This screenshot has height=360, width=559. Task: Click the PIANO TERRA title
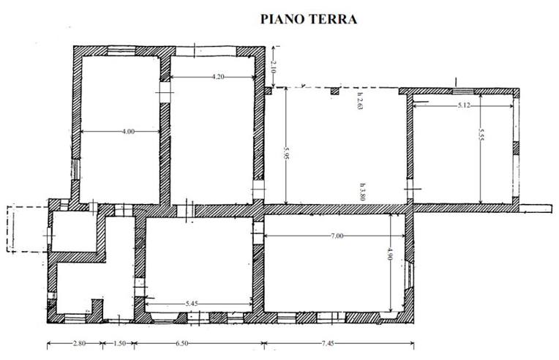tap(309, 19)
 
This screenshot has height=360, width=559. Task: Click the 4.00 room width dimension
tap(128, 132)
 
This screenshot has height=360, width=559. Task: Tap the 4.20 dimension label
tap(218, 76)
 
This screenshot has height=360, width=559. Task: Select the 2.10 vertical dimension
tap(273, 67)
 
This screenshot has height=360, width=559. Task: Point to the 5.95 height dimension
tap(286, 152)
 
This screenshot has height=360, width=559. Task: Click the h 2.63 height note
tap(359, 101)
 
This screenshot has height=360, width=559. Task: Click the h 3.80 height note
tap(362, 192)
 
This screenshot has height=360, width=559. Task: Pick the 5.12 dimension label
tap(464, 105)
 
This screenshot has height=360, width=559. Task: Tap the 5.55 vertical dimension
tap(481, 135)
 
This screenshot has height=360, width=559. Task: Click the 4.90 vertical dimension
tap(391, 254)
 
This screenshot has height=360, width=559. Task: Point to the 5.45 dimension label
tap(192, 304)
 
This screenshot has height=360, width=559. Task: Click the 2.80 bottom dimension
tap(79, 344)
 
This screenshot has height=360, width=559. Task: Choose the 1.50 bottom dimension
tap(119, 344)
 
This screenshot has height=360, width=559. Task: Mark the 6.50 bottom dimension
tap(181, 344)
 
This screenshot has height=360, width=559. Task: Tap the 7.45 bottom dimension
tap(328, 344)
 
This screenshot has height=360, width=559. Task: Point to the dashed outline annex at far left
tap(28, 229)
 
